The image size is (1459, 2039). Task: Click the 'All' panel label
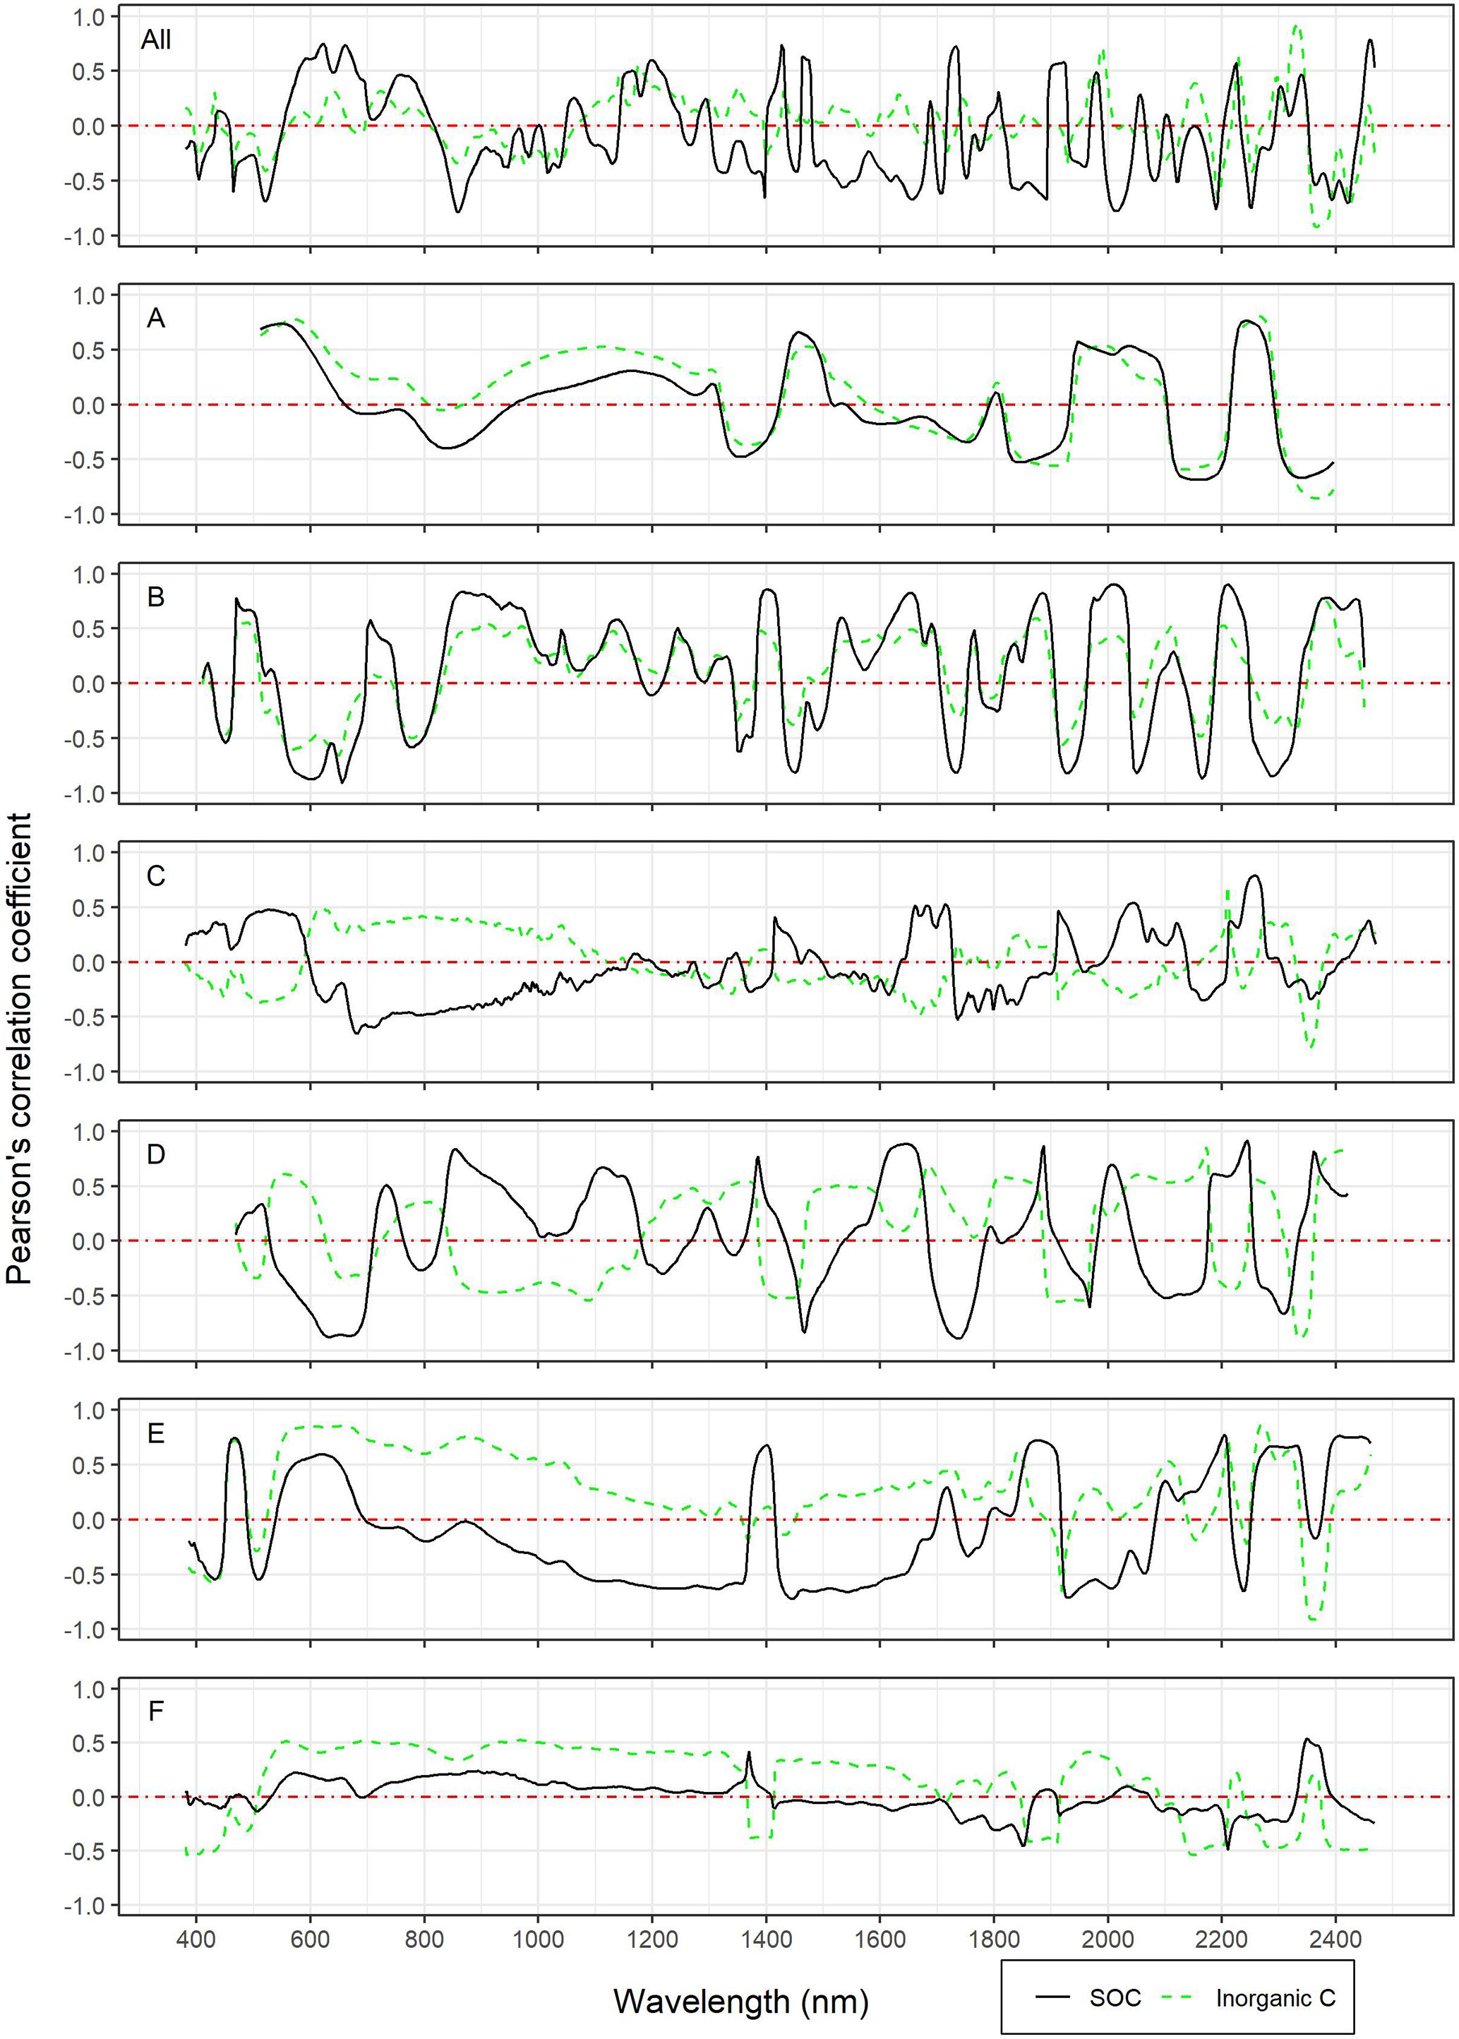click(155, 40)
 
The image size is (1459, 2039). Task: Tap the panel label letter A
click(155, 319)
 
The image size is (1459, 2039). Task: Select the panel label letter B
click(155, 597)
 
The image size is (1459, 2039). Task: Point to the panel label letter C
click(155, 876)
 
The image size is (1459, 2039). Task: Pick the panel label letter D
click(155, 1155)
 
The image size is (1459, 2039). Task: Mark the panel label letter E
click(155, 1433)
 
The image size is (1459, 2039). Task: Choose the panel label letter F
click(155, 1712)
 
